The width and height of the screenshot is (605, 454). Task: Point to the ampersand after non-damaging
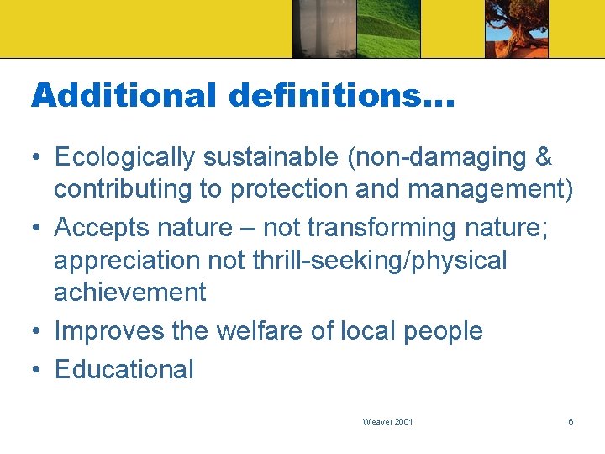pyautogui.click(x=544, y=157)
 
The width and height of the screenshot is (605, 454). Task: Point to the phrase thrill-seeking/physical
pyautogui.click(x=379, y=261)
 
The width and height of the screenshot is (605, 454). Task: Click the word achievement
pyautogui.click(x=129, y=293)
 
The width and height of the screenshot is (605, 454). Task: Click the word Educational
pyautogui.click(x=124, y=370)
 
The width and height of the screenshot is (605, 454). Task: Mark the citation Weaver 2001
pyautogui.click(x=387, y=421)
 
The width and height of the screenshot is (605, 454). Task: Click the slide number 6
pyautogui.click(x=571, y=421)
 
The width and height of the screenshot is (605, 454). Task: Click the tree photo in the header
pyautogui.click(x=516, y=29)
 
